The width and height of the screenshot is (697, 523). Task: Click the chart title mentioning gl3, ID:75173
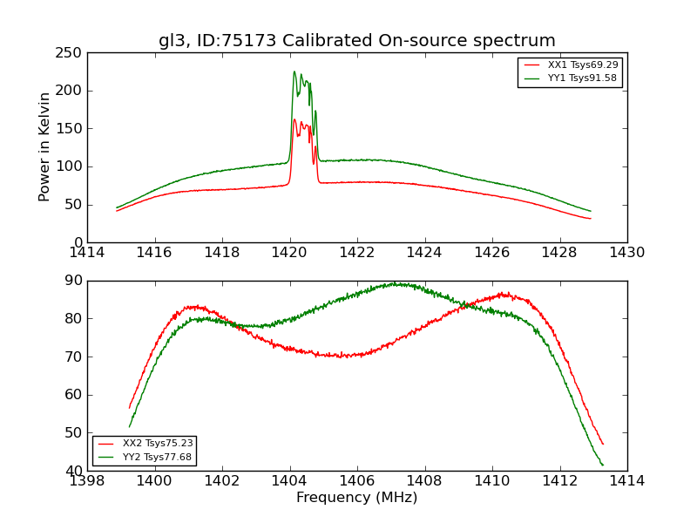(x=356, y=41)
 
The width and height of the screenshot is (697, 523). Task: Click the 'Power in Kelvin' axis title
(x=45, y=147)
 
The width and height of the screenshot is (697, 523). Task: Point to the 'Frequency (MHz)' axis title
(x=356, y=498)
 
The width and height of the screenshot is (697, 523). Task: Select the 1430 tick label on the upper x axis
(x=626, y=253)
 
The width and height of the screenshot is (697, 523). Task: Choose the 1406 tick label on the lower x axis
(x=356, y=481)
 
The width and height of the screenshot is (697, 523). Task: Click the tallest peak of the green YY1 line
(x=294, y=71)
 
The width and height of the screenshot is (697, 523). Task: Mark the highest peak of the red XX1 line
(x=294, y=119)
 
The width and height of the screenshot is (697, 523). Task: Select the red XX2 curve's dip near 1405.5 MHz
(x=344, y=357)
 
